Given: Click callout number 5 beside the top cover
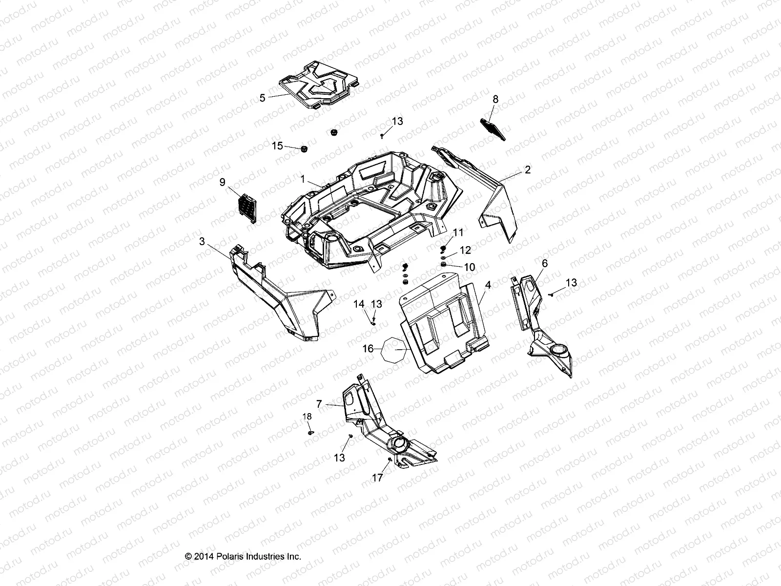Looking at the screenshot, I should [x=263, y=98].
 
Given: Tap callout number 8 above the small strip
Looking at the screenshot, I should [x=495, y=99].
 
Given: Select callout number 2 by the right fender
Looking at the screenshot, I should [x=528, y=170].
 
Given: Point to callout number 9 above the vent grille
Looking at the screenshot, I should [x=223, y=182].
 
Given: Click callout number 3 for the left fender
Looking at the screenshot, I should [x=202, y=241].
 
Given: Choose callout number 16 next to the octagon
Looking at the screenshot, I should [x=368, y=349].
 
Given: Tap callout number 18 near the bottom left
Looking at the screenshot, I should [x=307, y=417].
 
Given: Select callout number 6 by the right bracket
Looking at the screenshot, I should [x=545, y=264].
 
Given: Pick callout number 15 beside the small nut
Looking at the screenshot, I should [x=277, y=146].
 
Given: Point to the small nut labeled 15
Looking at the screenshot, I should [x=303, y=149].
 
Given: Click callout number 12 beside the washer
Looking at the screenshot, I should [x=465, y=250].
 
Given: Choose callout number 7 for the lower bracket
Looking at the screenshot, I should [x=319, y=404].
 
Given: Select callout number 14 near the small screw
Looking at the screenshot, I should [x=359, y=304].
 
